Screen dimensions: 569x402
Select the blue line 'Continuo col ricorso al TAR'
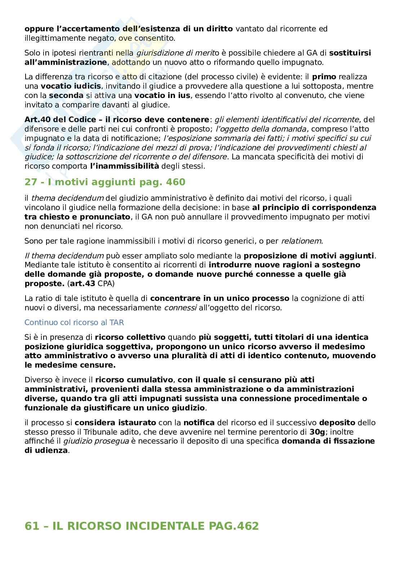click(74, 323)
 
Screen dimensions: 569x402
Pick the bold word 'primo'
click(324, 77)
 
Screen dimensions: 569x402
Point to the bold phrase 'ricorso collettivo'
click(130, 337)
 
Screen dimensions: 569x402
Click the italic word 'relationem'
click(301, 241)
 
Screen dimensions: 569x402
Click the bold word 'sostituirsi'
click(350, 53)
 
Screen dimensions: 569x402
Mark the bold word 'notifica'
click(199, 422)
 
